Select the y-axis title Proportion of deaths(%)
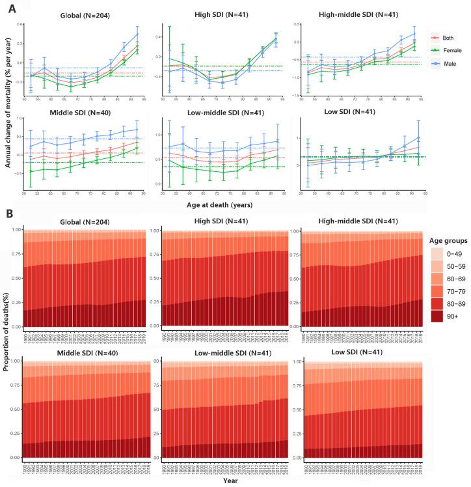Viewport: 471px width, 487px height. [6, 352]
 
